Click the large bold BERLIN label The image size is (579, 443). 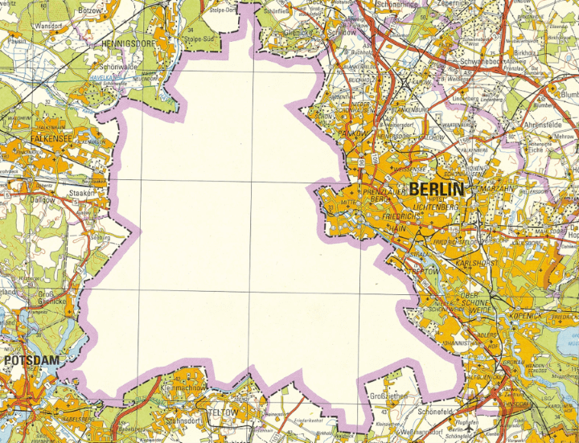click(x=437, y=190)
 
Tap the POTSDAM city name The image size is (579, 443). click(x=31, y=361)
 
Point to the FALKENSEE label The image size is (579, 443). click(x=33, y=138)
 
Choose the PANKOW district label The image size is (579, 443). click(x=351, y=132)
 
